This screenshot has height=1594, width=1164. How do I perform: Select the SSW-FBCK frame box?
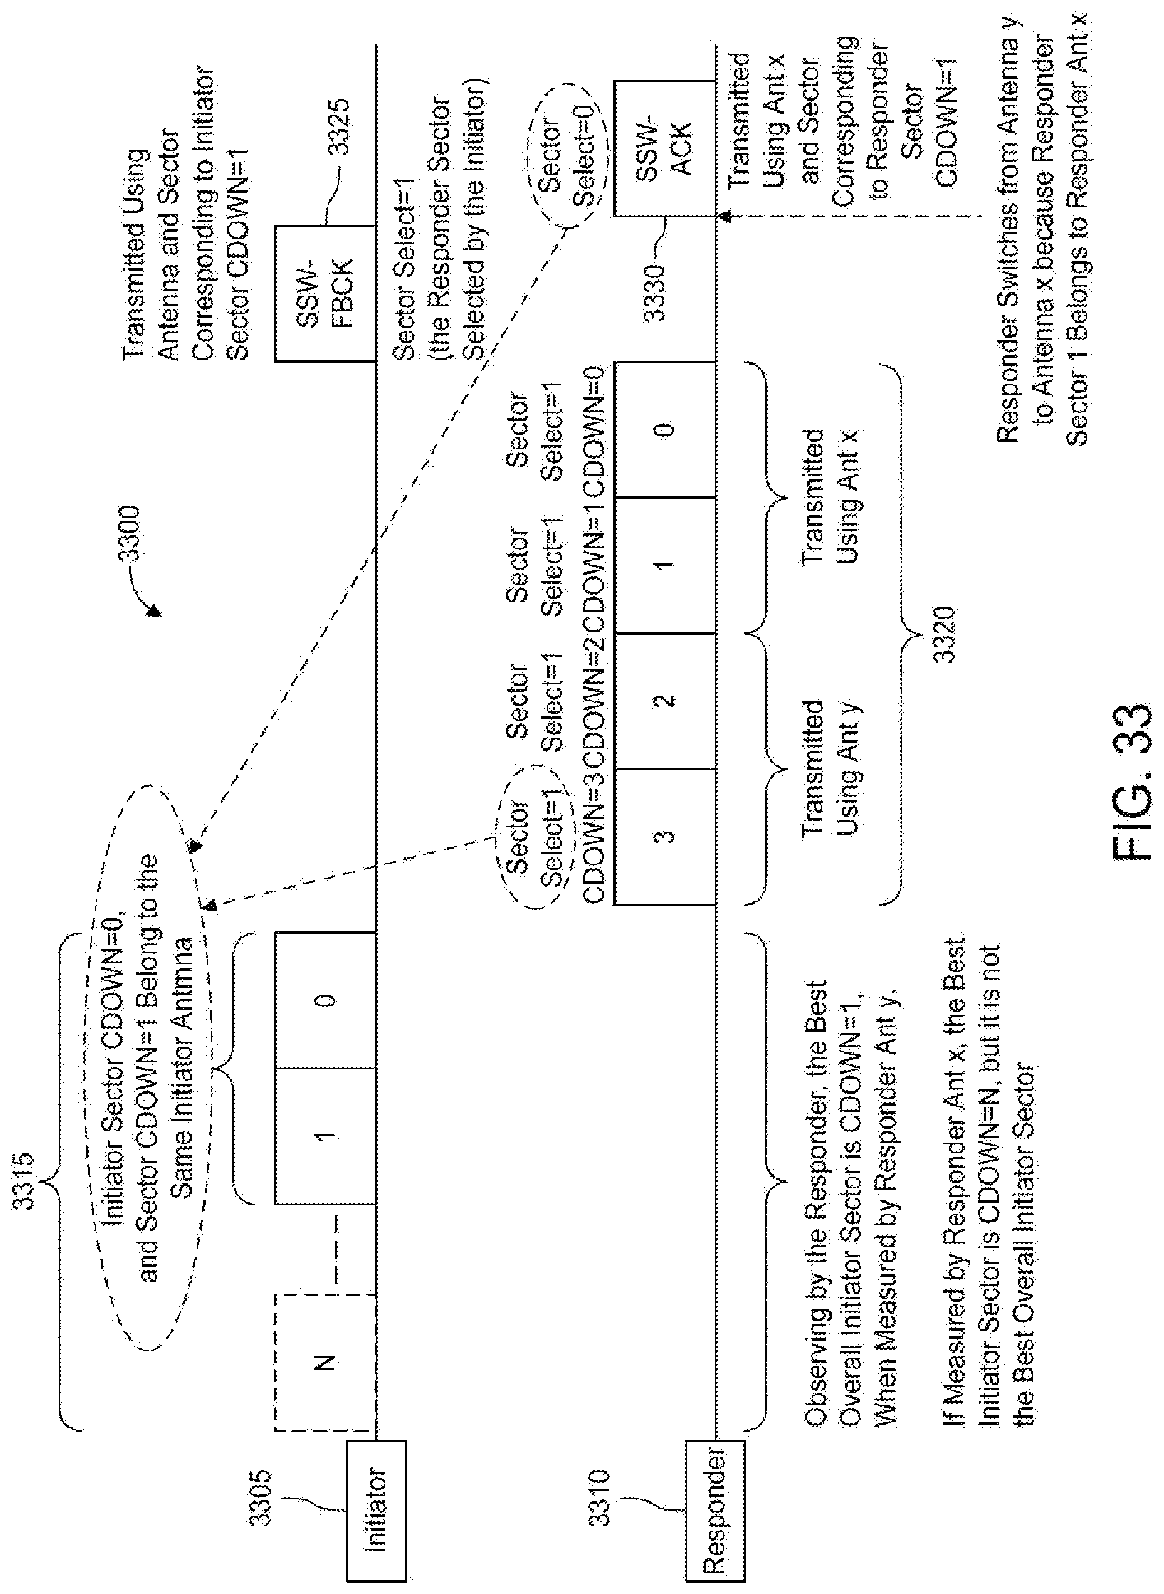[325, 293]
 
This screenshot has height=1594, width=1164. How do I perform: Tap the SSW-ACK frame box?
[665, 148]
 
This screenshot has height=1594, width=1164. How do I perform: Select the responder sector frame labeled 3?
[665, 836]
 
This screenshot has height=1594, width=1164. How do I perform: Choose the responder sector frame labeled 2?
[665, 700]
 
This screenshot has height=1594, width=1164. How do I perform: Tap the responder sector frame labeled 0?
[665, 430]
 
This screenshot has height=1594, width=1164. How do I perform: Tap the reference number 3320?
[943, 634]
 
